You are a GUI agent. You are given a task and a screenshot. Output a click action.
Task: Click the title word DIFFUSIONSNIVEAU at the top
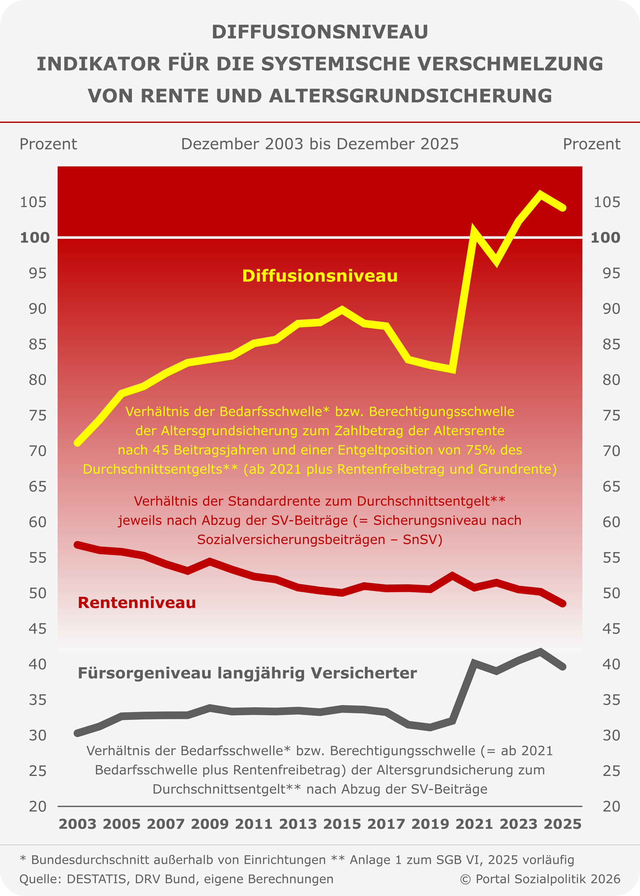tap(320, 32)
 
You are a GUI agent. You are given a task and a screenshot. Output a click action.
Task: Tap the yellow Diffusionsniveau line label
tap(320, 276)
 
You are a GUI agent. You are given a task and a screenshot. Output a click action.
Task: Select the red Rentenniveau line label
tap(137, 602)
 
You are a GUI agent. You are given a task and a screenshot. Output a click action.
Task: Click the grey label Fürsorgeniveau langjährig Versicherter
tap(247, 673)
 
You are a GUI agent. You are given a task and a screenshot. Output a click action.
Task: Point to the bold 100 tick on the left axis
tap(35, 238)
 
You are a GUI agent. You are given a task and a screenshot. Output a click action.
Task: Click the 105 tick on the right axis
tap(607, 202)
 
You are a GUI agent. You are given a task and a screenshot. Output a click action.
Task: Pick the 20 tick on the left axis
tap(37, 807)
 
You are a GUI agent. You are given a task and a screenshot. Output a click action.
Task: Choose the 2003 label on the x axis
tap(77, 824)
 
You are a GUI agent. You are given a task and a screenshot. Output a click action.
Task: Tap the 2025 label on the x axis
tap(562, 824)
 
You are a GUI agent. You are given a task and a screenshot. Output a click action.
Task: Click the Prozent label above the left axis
tap(48, 144)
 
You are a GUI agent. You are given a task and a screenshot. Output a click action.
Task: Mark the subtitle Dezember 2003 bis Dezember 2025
tap(320, 144)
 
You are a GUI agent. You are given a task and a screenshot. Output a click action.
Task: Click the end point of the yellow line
tap(563, 208)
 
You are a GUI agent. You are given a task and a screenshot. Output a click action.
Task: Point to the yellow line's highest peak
tap(541, 193)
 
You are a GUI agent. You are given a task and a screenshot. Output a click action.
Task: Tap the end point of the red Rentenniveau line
tap(563, 603)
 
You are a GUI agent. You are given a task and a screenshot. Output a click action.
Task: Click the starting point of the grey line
tap(77, 733)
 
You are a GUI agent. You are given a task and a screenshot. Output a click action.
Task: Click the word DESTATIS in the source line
tap(96, 879)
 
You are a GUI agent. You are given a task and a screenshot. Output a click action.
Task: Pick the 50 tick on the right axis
tap(611, 593)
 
